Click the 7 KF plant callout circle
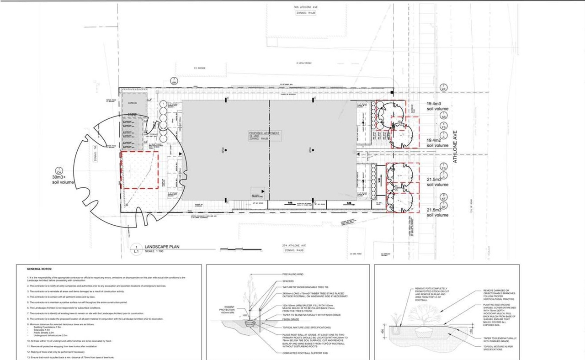tap(443, 88)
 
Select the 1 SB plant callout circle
tap(443, 116)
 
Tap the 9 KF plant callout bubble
tap(443, 198)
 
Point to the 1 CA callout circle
tap(58, 170)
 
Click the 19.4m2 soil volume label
tap(437, 143)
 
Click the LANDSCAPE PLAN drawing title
tap(161, 246)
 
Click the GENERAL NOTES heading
tap(39, 270)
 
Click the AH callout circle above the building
tap(173, 81)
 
